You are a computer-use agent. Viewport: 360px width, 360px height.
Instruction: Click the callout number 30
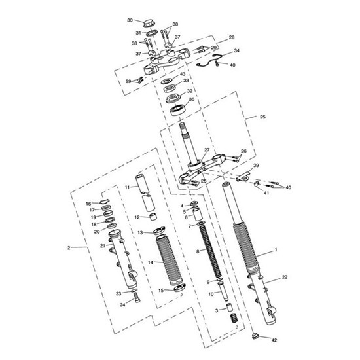coord(130,20)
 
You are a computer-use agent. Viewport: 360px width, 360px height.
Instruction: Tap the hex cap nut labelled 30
coord(149,24)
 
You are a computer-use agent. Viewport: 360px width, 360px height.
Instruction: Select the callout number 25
coord(262,117)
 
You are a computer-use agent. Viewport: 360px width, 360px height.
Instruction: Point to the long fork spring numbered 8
coord(211,251)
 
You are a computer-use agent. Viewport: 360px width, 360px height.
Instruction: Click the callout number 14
coord(151,262)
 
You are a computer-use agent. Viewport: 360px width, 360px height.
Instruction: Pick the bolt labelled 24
coord(136,297)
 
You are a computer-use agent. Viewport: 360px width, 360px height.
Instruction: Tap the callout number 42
coord(274,340)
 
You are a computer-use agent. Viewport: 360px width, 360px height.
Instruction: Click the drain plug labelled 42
coord(255,336)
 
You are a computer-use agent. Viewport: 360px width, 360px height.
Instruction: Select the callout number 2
coord(69,247)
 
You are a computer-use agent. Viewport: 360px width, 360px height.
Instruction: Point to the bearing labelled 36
coord(177,109)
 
